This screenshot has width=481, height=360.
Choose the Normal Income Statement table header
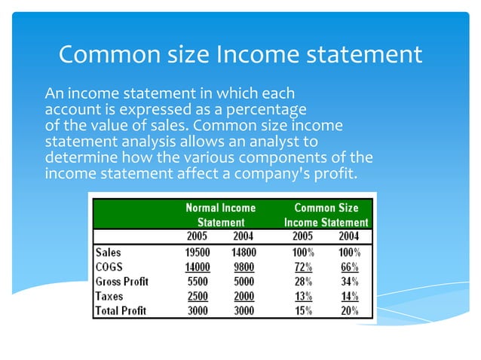coord(221,215)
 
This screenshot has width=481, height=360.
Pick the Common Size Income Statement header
coord(326,215)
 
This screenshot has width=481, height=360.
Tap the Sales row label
coord(109,252)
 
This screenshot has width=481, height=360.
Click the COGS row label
coord(110,267)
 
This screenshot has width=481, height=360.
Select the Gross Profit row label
coord(122,282)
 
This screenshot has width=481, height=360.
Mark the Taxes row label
coord(109,296)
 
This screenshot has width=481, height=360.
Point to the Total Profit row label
coord(121,310)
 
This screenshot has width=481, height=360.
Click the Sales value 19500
coord(198,252)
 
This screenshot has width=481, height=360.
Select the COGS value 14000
coord(198,267)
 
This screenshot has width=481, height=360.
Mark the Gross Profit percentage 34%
coord(349,282)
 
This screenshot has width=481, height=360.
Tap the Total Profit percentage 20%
coord(349,310)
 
